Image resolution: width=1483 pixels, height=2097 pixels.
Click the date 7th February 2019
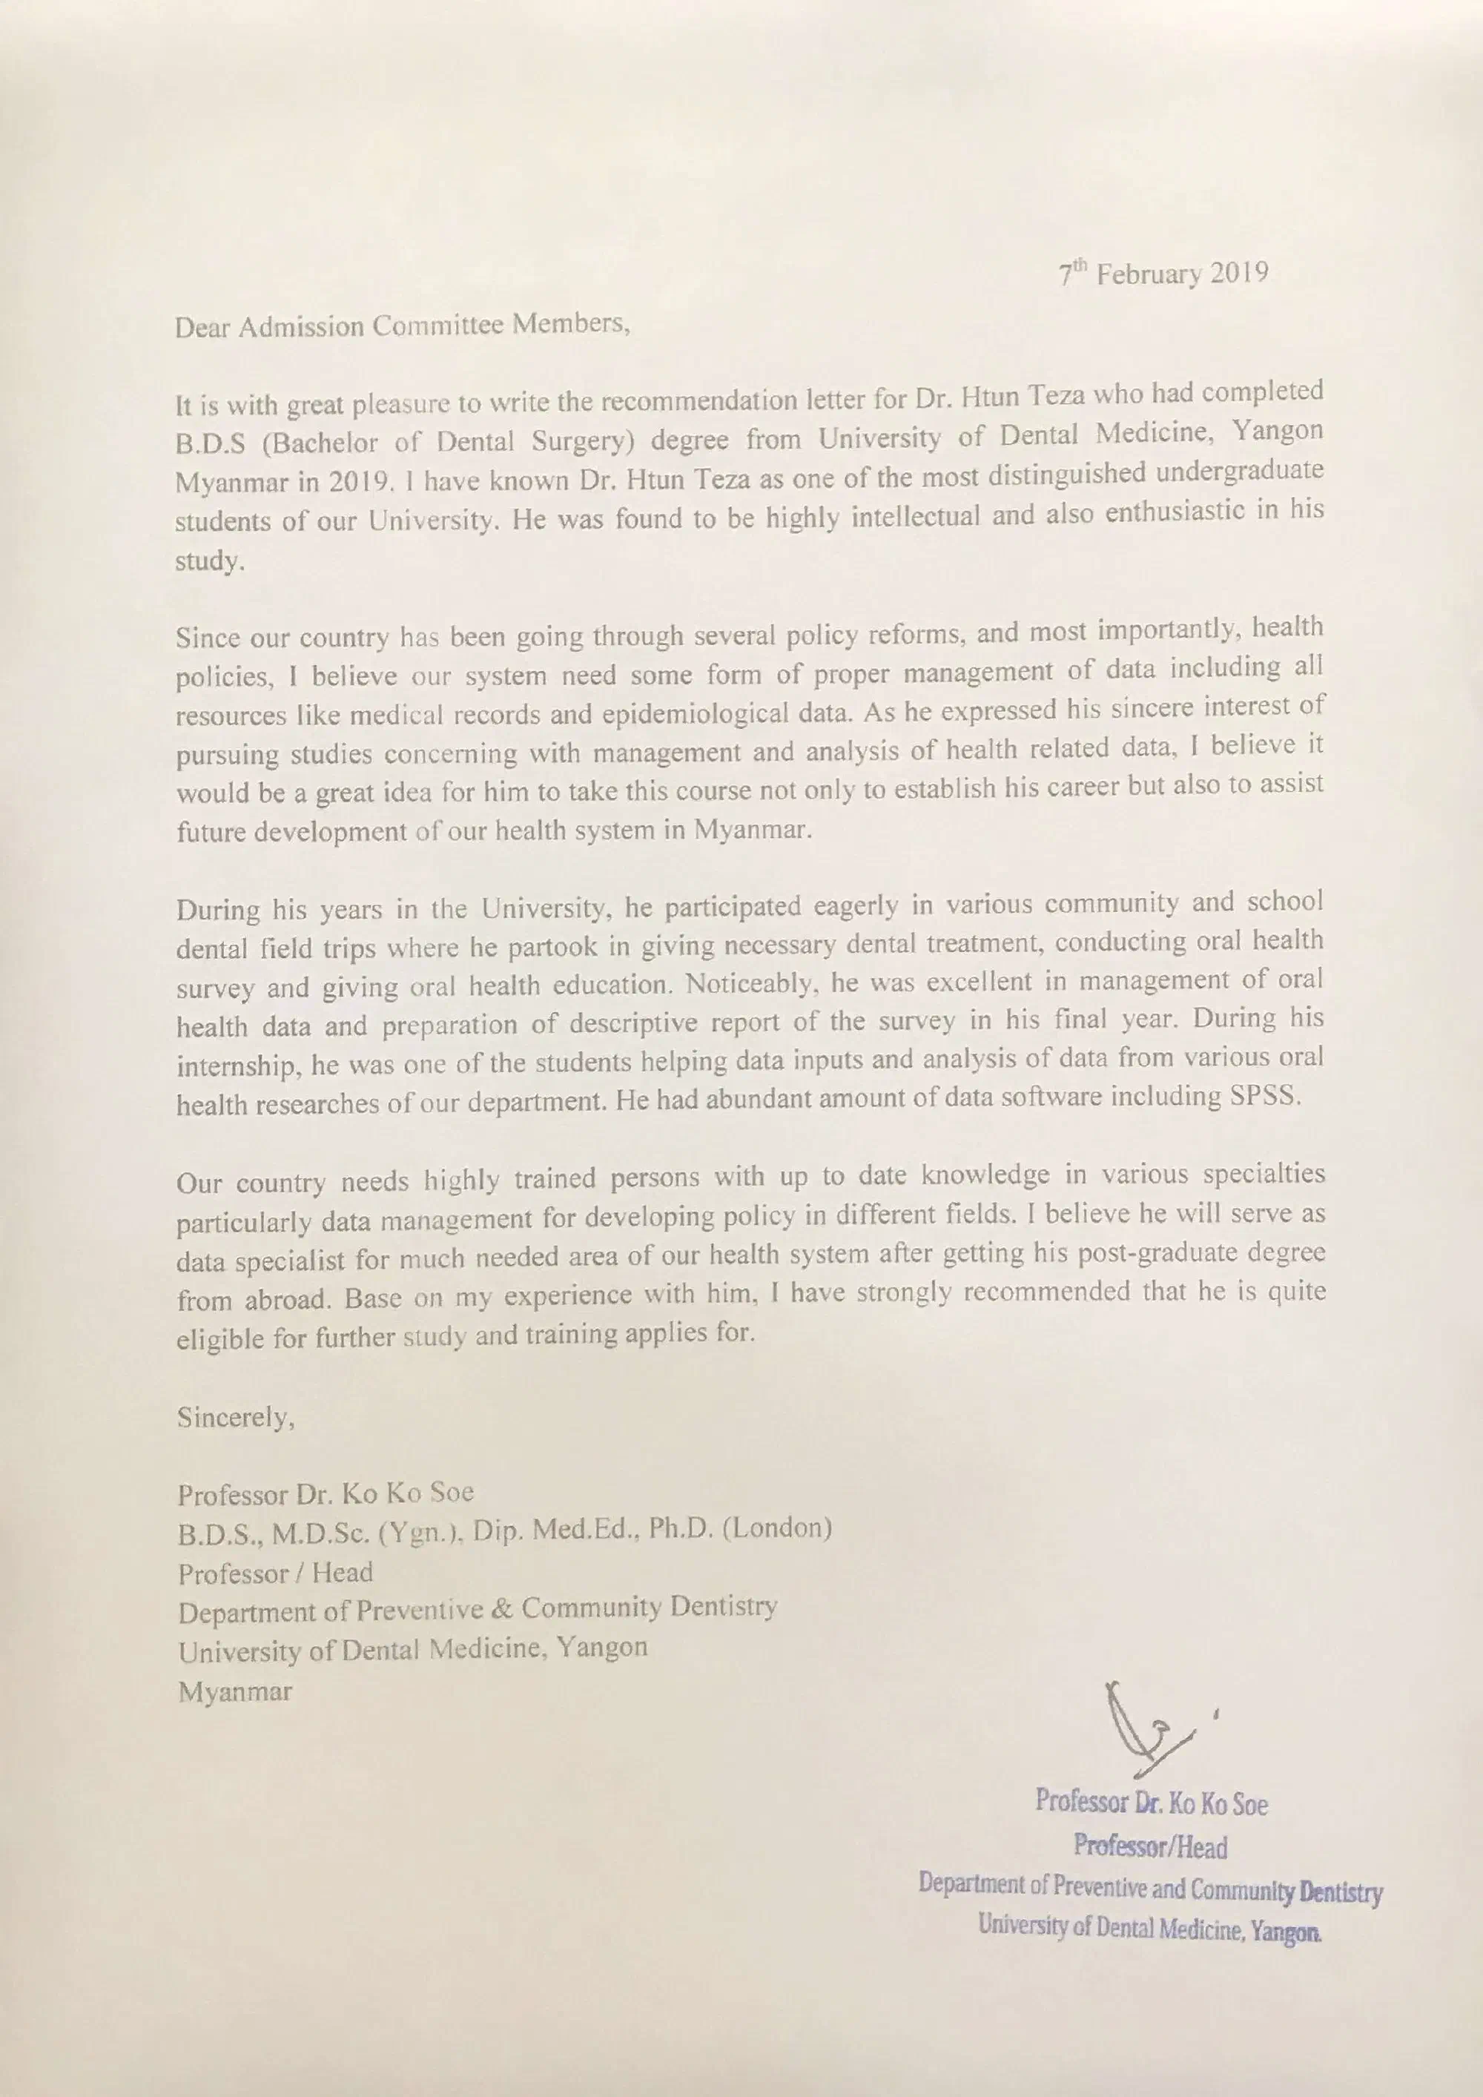click(1163, 274)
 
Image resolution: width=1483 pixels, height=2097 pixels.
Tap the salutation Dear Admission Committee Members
click(402, 326)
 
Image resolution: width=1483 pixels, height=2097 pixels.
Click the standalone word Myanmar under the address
click(235, 1691)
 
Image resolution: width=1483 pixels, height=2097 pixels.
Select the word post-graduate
click(1169, 1253)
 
